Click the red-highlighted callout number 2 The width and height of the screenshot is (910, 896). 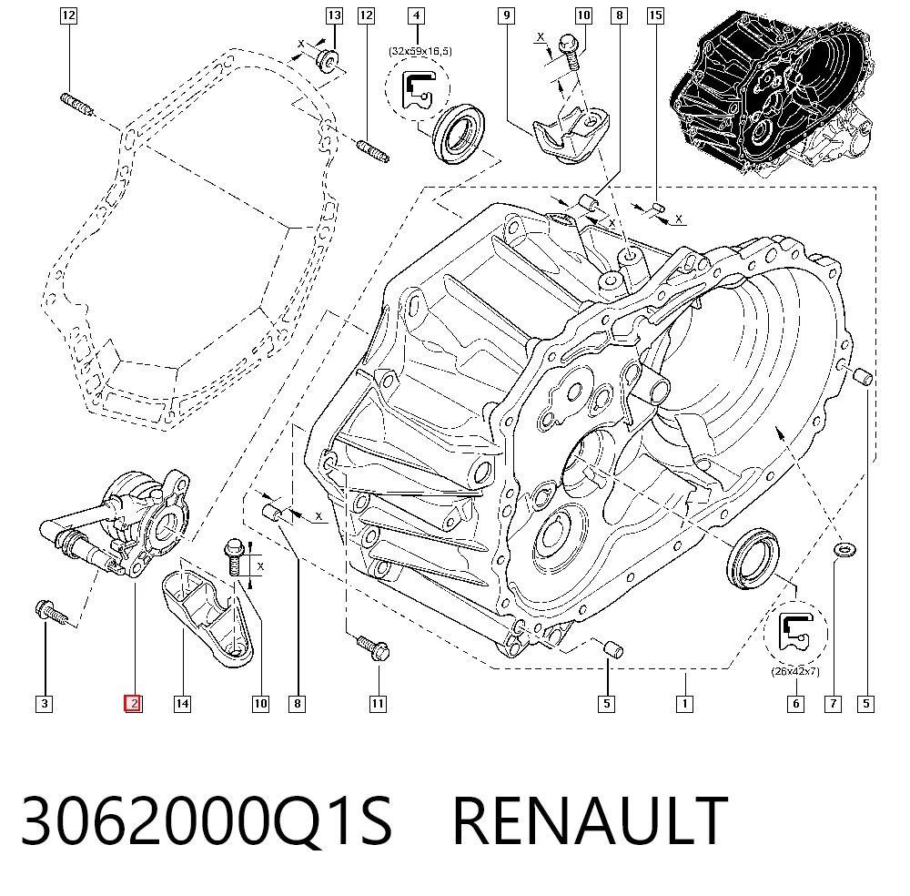click(134, 704)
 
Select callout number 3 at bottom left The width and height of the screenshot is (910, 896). click(44, 704)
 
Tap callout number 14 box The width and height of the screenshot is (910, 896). click(182, 704)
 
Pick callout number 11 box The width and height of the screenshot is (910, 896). click(378, 704)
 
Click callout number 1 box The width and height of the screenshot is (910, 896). click(685, 704)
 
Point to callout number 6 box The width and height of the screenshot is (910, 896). click(795, 704)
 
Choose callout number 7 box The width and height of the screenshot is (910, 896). click(834, 704)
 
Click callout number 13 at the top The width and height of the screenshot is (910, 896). click(334, 15)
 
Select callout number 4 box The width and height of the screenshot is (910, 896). click(416, 15)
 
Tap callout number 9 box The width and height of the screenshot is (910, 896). click(507, 15)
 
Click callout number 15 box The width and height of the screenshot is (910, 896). click(656, 15)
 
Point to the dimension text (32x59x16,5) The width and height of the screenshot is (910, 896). click(420, 51)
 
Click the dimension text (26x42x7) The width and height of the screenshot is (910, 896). click(795, 671)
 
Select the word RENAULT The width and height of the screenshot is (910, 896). click(590, 820)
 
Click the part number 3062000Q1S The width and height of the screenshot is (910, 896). click(207, 820)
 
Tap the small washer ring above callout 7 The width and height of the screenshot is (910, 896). click(844, 549)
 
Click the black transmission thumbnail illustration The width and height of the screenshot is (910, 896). click(772, 93)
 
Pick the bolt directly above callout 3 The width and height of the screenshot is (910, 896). click(52, 613)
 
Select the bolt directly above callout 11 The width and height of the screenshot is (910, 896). click(372, 647)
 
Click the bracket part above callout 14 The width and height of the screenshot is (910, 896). click(207, 618)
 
